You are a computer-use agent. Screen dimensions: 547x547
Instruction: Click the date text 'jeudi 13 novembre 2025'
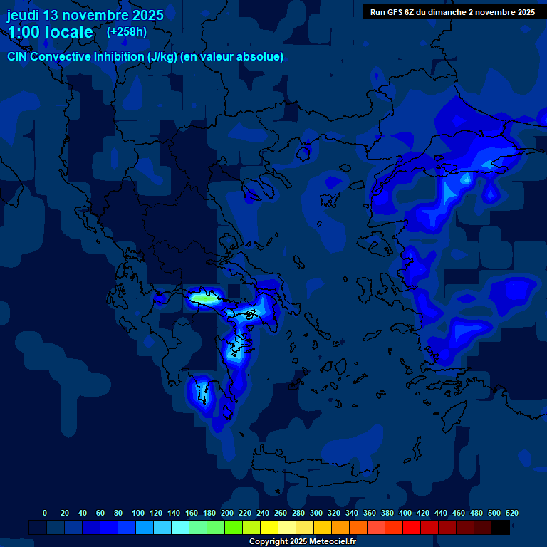pos(85,15)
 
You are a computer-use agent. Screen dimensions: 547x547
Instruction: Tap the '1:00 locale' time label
pos(51,33)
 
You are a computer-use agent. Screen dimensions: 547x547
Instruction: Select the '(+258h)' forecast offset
pos(126,32)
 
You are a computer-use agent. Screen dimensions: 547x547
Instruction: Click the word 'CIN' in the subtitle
pos(18,57)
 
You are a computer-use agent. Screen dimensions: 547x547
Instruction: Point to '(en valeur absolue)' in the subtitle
pos(232,57)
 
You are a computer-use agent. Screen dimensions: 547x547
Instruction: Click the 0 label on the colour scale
pos(45,513)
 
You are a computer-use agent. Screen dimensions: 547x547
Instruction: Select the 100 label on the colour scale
pos(138,513)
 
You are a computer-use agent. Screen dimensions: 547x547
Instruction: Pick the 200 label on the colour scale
pos(227,513)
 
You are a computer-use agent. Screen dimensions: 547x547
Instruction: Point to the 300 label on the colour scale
pos(316,513)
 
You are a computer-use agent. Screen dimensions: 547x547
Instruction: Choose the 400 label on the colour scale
pos(405,513)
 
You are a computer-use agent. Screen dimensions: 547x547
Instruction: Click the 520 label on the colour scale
pos(511,513)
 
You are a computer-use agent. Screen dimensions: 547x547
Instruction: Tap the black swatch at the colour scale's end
pos(501,527)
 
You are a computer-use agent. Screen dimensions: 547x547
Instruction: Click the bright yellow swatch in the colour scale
pos(269,527)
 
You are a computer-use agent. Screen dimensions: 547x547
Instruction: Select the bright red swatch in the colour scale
pos(412,527)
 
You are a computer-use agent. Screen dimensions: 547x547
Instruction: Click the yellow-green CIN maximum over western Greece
pos(205,299)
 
